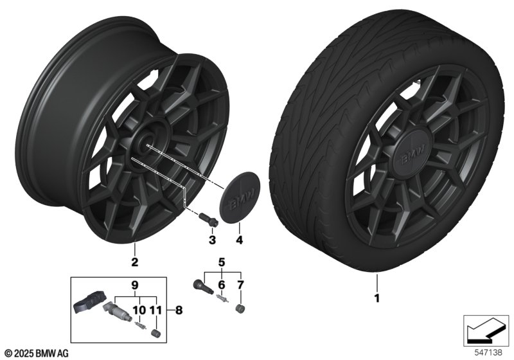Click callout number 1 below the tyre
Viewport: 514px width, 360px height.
point(377,298)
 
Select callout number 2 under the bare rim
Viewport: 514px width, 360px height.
point(134,262)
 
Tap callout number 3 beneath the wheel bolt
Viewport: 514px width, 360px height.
point(213,240)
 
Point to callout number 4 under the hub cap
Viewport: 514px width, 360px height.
point(239,240)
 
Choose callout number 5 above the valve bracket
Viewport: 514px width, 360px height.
point(222,262)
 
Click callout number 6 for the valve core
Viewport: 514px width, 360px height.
point(222,285)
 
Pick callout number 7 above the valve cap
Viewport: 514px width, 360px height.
point(240,285)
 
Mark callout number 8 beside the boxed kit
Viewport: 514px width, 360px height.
point(179,310)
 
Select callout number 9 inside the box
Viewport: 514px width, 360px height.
point(135,285)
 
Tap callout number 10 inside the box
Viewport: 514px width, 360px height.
point(139,310)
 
